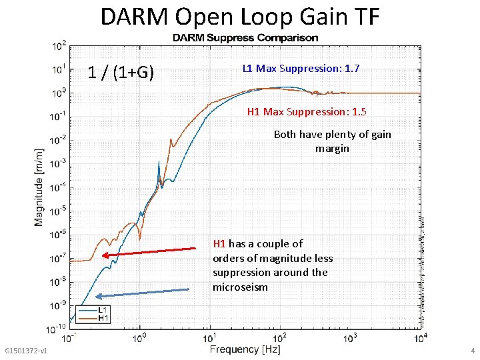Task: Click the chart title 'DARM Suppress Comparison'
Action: pyautogui.click(x=245, y=38)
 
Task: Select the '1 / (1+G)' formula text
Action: pyautogui.click(x=121, y=72)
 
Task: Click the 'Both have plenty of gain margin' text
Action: pyautogui.click(x=332, y=141)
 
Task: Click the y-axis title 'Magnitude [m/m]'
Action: pyautogui.click(x=40, y=187)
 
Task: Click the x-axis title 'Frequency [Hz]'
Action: pyautogui.click(x=245, y=349)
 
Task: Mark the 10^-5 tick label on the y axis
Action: pyautogui.click(x=58, y=211)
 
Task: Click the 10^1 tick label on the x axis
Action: pyautogui.click(x=211, y=339)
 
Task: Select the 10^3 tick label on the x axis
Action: pyautogui.click(x=351, y=339)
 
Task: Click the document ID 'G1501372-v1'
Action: pyautogui.click(x=25, y=351)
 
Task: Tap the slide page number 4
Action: pyautogui.click(x=472, y=351)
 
